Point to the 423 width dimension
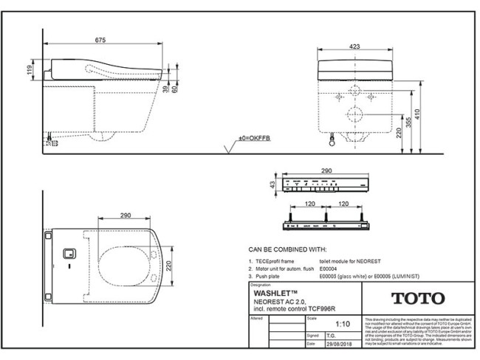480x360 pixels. [x=355, y=46]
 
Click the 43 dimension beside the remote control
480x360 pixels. [x=272, y=184]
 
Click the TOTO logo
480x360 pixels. [x=417, y=299]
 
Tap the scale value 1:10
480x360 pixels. [x=343, y=323]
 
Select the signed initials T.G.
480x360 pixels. [x=323, y=334]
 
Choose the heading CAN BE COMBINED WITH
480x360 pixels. [x=287, y=251]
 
